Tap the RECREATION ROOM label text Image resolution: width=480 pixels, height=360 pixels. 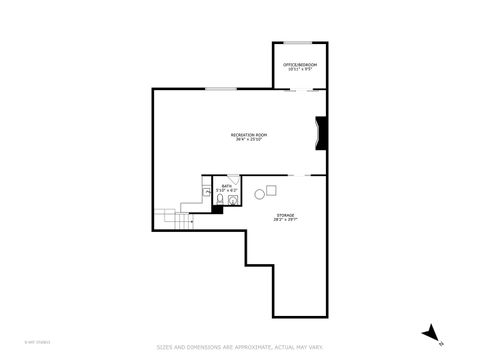pos(249,134)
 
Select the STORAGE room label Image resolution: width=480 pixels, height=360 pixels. pos(285,214)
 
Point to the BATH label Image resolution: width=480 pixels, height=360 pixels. pos(227,186)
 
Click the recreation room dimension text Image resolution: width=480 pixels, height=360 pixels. pos(249,139)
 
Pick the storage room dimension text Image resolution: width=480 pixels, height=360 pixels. pos(285,219)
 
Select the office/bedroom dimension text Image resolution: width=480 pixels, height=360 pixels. pos(300,71)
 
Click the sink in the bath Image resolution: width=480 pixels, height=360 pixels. pos(234,200)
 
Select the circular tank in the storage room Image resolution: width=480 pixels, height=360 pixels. pos(259,193)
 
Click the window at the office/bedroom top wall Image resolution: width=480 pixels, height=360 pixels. pos(299,43)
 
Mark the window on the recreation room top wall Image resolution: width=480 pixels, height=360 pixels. pos(221,90)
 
